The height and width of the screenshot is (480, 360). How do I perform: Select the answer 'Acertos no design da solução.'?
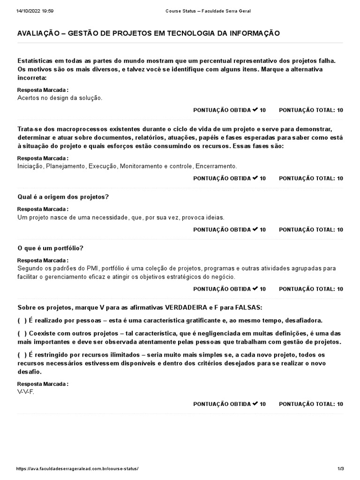(x=60, y=98)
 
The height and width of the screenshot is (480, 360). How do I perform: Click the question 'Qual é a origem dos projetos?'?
(x=63, y=197)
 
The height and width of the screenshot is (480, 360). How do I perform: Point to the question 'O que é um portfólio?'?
(x=50, y=248)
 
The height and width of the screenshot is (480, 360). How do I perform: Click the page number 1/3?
(x=340, y=469)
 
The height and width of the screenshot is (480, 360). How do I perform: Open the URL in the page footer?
(x=77, y=469)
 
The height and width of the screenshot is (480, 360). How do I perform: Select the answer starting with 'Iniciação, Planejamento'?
(x=127, y=166)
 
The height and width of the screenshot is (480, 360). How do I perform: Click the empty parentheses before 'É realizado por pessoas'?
(x=22, y=320)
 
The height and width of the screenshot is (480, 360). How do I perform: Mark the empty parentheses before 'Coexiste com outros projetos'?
(x=22, y=333)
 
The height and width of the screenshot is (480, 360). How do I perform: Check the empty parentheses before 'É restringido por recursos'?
(x=22, y=355)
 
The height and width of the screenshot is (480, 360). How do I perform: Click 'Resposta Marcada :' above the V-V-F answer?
(x=43, y=384)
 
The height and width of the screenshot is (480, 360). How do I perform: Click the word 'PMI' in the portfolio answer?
(x=91, y=269)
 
